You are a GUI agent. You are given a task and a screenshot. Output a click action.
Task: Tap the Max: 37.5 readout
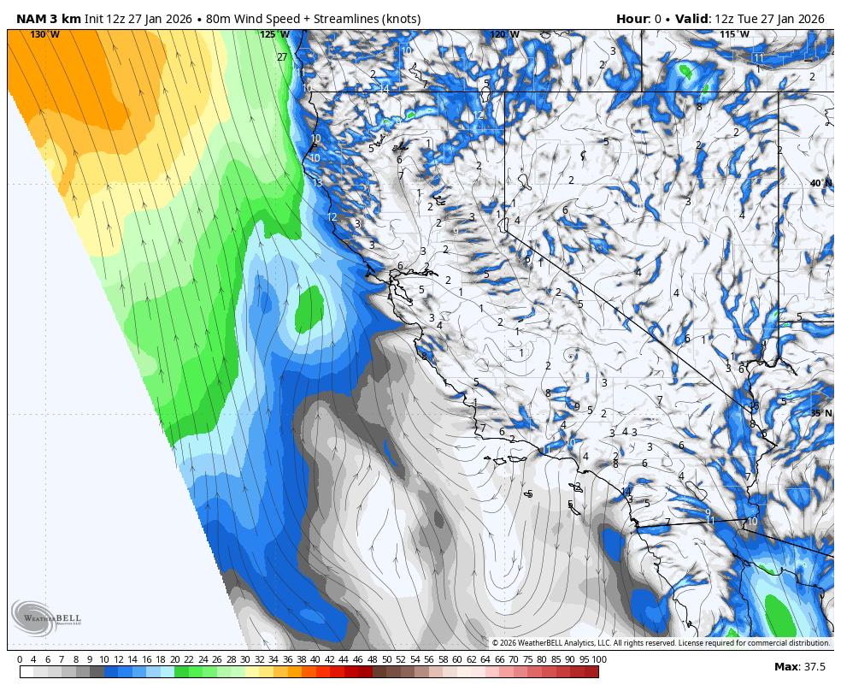[799, 666]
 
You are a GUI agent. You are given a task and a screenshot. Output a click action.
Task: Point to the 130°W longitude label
[45, 34]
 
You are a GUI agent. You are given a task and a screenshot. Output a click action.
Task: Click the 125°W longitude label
[275, 34]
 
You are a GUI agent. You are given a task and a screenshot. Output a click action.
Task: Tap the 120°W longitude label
[504, 34]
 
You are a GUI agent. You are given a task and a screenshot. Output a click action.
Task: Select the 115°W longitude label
[734, 34]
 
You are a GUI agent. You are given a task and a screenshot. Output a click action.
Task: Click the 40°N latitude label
[820, 183]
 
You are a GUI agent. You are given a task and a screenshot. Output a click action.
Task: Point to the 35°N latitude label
[820, 413]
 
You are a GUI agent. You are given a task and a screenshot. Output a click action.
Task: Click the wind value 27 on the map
[282, 57]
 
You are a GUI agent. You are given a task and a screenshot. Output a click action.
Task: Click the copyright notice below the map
[661, 642]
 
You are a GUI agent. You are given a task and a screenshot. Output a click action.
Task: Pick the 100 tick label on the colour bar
[599, 659]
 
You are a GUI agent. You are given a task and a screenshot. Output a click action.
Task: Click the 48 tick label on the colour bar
[371, 659]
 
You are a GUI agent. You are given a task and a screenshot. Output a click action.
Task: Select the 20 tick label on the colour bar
[175, 659]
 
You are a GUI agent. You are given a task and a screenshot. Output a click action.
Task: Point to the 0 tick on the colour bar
[20, 659]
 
